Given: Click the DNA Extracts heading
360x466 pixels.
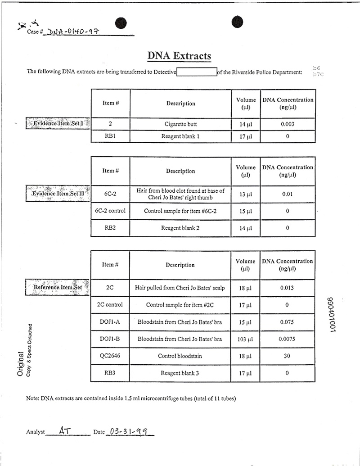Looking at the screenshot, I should tap(179, 56).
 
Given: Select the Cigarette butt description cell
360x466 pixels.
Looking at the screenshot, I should tap(180, 124).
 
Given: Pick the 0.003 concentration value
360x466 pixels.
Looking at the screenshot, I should tap(288, 124).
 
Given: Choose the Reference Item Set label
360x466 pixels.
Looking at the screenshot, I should tap(58, 287).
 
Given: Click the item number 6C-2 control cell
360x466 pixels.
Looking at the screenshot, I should tap(110, 211).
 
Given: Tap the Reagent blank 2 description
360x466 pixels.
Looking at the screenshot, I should tap(180, 228).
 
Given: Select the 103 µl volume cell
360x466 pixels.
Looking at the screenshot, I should tap(246, 339).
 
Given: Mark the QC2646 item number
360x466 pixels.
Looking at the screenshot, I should tap(110, 356).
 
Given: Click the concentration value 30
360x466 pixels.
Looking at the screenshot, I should tap(287, 356).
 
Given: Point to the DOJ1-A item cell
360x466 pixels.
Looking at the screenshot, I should tap(110, 322).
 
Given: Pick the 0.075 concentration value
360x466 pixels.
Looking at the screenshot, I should tap(287, 322).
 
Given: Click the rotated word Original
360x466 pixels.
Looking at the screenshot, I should tap(21, 364).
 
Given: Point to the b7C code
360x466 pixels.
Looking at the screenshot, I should tap(318, 74).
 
